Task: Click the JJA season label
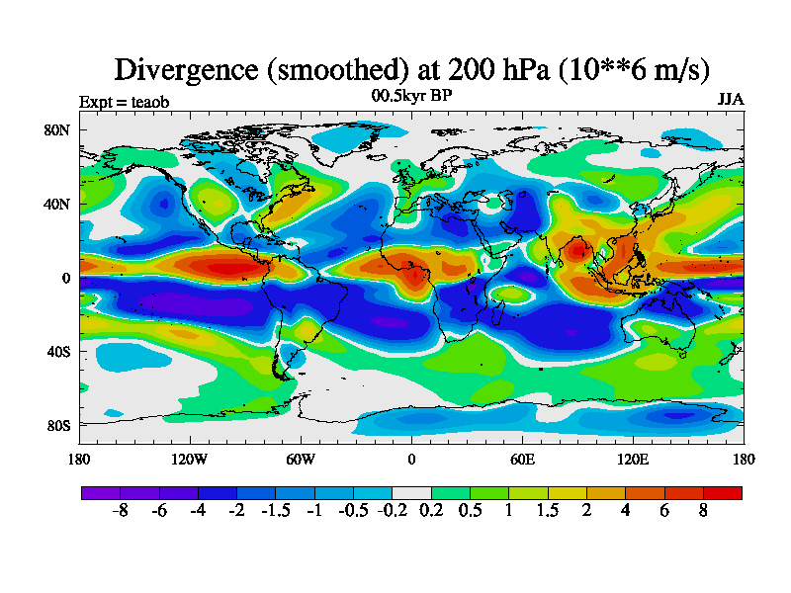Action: (x=730, y=101)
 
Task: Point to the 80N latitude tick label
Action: (x=57, y=129)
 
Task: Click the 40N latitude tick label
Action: (x=57, y=204)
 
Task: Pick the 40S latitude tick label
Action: (x=57, y=352)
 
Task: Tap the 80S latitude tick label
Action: (x=57, y=426)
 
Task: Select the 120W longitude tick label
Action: (x=189, y=459)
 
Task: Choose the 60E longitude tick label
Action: (x=522, y=459)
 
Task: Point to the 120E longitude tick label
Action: (x=633, y=459)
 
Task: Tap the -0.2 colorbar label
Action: (x=392, y=512)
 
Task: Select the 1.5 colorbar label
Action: (x=548, y=512)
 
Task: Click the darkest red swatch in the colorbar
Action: (x=722, y=492)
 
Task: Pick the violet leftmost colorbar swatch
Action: (x=100, y=492)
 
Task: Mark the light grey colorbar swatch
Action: (x=411, y=492)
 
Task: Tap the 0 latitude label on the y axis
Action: (x=65, y=278)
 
